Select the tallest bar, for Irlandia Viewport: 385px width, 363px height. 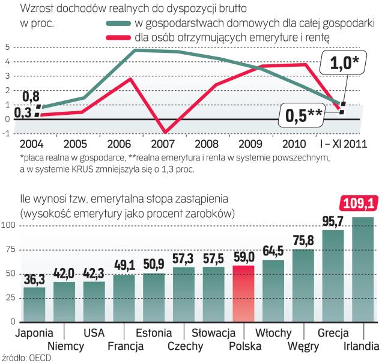pyautogui.click(x=363, y=270)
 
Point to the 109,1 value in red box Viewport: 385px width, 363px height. pyautogui.click(x=360, y=203)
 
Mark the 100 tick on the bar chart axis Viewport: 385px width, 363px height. pyautogui.click(x=10, y=225)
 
